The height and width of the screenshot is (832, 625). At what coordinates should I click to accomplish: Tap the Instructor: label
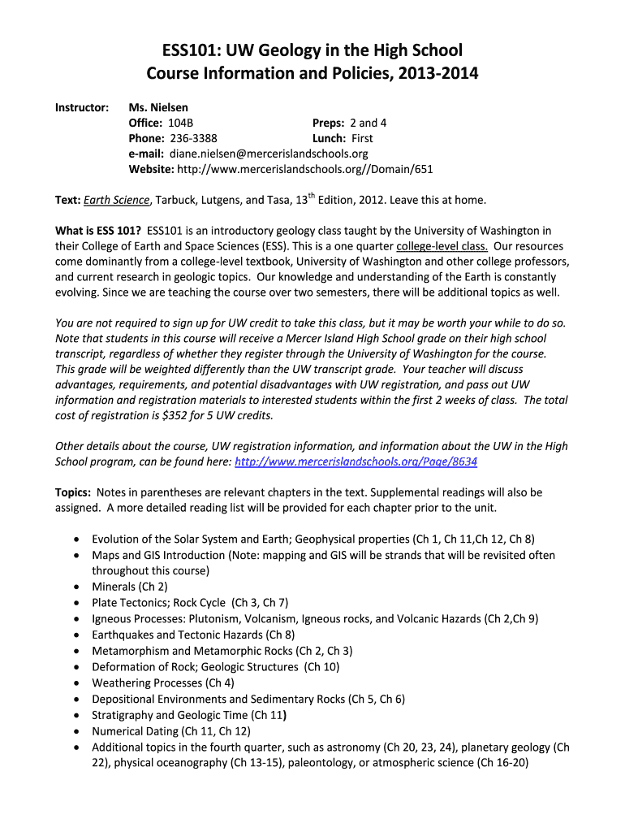[x=82, y=107]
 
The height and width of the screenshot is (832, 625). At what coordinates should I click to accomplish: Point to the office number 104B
[x=180, y=123]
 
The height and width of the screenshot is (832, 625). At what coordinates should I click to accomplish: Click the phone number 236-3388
[x=193, y=138]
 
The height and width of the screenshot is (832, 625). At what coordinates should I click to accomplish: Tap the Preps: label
[x=329, y=123]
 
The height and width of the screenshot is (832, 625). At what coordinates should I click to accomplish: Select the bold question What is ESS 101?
[x=98, y=231]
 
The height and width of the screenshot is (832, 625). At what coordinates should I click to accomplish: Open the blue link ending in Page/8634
[x=356, y=461]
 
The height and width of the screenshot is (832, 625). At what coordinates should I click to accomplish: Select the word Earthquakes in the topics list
[x=122, y=635]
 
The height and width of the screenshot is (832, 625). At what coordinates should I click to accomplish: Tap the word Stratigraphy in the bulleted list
[x=122, y=715]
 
